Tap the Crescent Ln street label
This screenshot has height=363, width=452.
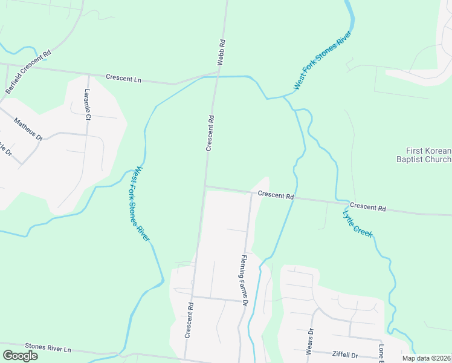click(x=123, y=78)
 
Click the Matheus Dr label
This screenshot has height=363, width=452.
click(x=28, y=129)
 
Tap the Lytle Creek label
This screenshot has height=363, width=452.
click(x=357, y=223)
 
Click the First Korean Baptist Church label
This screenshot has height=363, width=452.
click(x=428, y=155)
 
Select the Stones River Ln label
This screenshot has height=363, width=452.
click(x=48, y=349)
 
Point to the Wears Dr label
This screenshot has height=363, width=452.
click(x=310, y=342)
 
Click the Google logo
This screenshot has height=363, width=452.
click(x=20, y=355)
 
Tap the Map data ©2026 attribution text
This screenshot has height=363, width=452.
click(x=425, y=358)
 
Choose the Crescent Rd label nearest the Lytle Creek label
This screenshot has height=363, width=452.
click(x=367, y=208)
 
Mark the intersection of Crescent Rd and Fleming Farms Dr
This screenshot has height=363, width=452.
click(x=251, y=194)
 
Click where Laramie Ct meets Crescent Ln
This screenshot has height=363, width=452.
click(x=88, y=75)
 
